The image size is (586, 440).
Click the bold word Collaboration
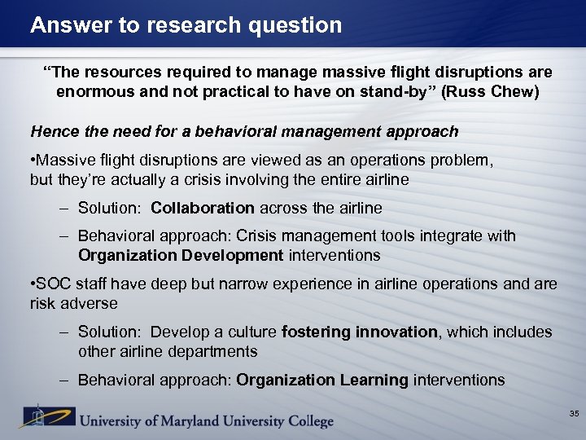pos(203,208)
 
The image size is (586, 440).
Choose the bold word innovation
pos(396,332)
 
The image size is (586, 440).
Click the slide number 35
pos(573,415)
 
